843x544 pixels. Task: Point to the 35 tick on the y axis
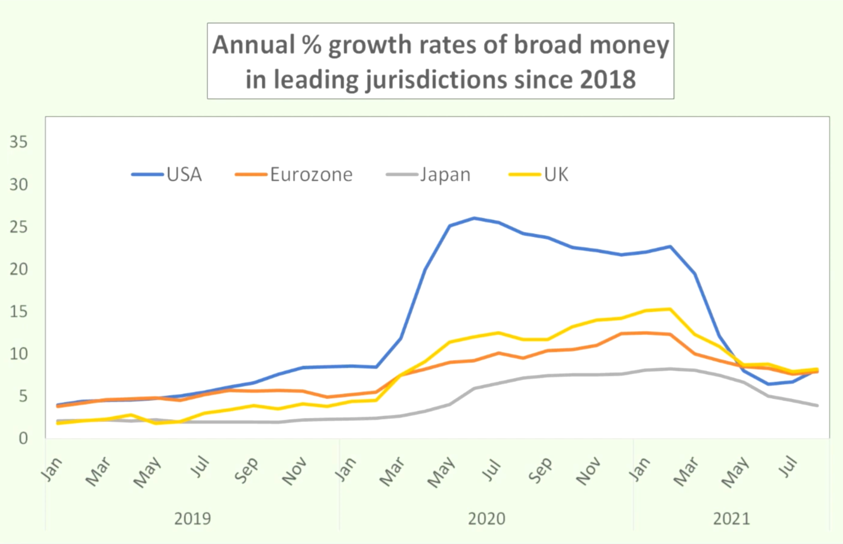click(x=19, y=142)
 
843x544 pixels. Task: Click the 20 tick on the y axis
click(x=19, y=269)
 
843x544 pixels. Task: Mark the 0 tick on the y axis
click(x=23, y=438)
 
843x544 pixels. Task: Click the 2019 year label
click(x=192, y=518)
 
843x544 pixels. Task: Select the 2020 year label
click(x=486, y=518)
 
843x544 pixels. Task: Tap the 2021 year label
click(x=731, y=518)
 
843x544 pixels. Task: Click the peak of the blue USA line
click(x=474, y=218)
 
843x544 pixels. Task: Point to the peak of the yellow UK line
click(x=670, y=309)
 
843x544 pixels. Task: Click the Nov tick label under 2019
click(x=294, y=472)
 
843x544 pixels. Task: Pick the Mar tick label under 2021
click(x=686, y=472)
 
